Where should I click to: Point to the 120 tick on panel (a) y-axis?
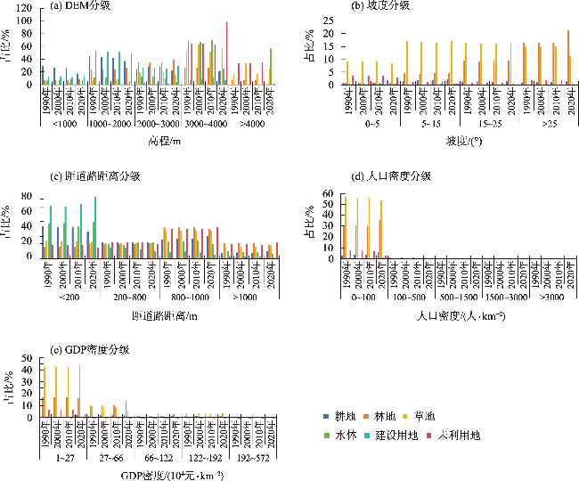click(x=29, y=8)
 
